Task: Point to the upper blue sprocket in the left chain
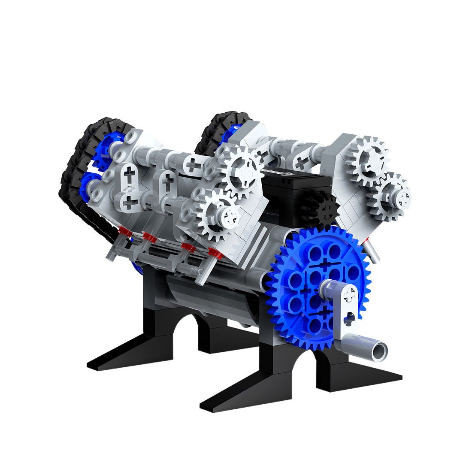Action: (x=107, y=146)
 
